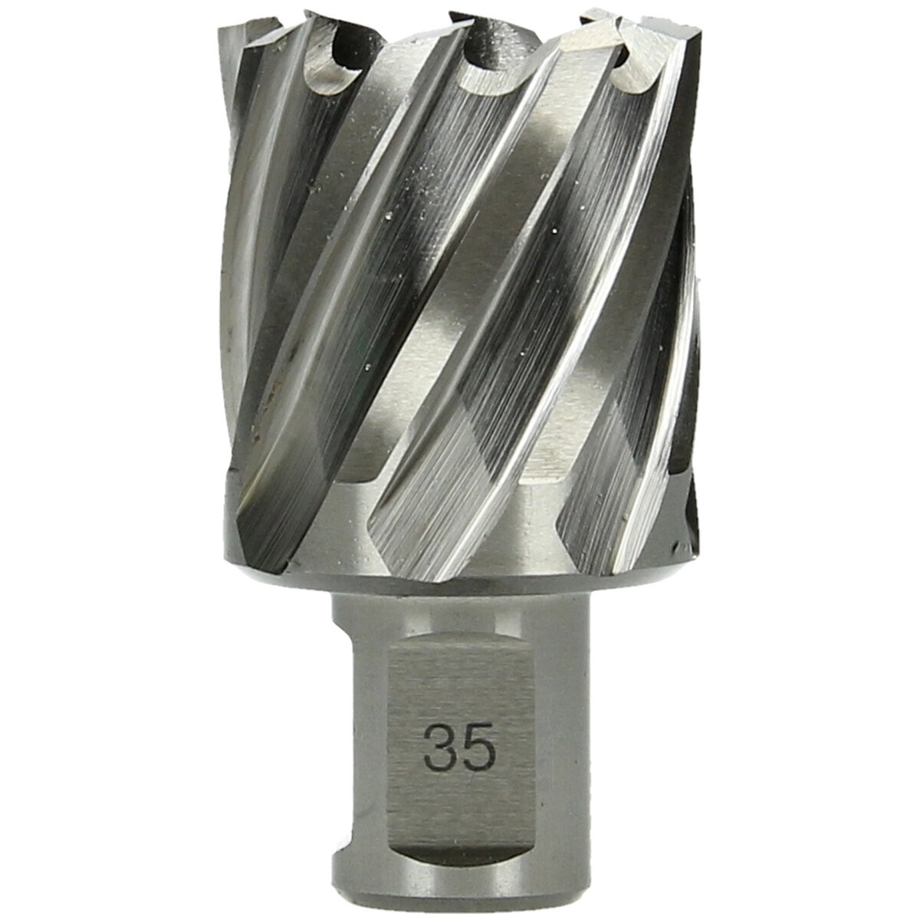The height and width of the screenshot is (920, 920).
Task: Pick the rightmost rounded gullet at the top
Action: point(635,71)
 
